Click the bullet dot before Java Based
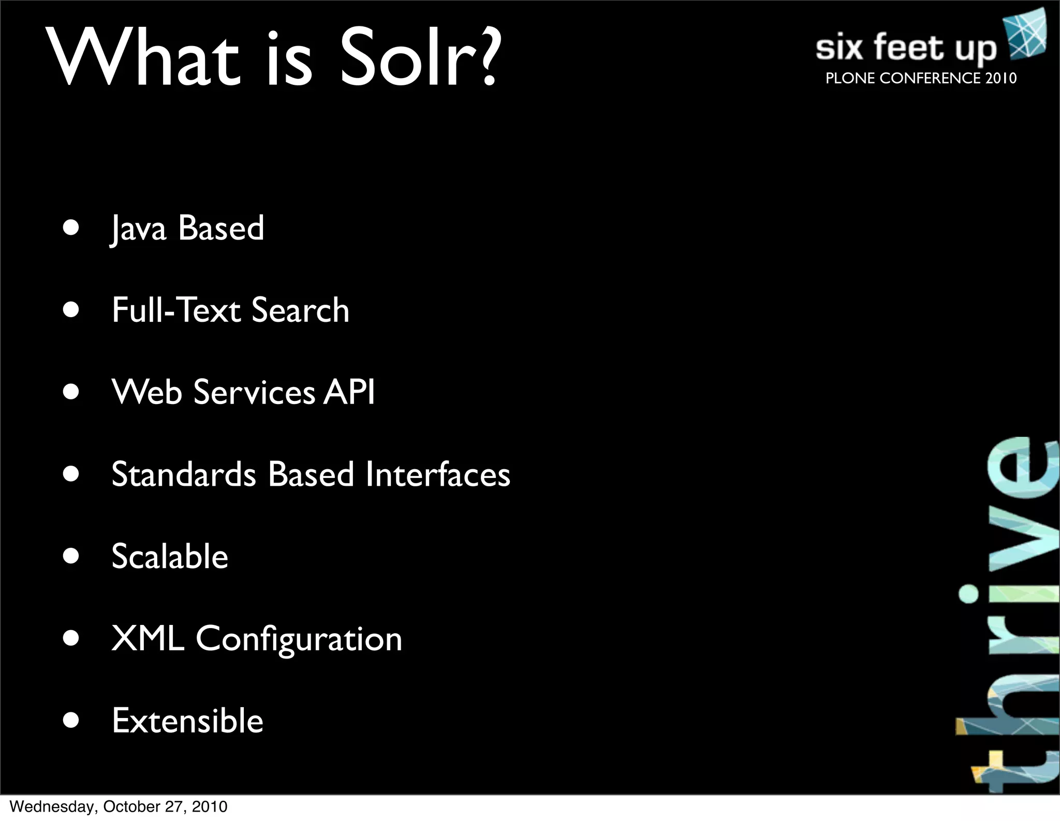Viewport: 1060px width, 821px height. pyautogui.click(x=71, y=228)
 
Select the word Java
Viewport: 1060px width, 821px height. pyautogui.click(x=139, y=229)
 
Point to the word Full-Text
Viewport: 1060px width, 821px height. pyautogui.click(x=176, y=310)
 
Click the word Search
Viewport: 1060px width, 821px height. pyautogui.click(x=300, y=310)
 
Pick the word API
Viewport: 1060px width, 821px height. pyautogui.click(x=349, y=392)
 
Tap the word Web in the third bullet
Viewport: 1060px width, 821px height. pyautogui.click(x=146, y=392)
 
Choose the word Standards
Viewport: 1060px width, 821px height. pyautogui.click(x=184, y=474)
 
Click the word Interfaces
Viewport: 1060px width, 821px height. pyautogui.click(x=438, y=474)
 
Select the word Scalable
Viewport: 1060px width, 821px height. pyautogui.click(x=170, y=556)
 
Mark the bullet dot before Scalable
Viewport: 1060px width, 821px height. pyautogui.click(x=71, y=556)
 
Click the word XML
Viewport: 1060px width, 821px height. pyautogui.click(x=148, y=638)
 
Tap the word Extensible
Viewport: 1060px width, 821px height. pyautogui.click(x=187, y=720)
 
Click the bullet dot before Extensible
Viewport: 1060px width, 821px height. pyautogui.click(x=71, y=720)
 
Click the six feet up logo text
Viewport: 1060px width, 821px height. pyautogui.click(x=906, y=48)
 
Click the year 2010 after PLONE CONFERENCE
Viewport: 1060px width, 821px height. pyautogui.click(x=1001, y=78)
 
